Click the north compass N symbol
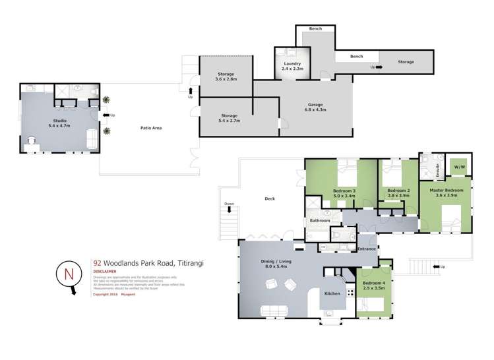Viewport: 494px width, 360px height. (66, 272)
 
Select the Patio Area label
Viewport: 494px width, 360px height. (151, 128)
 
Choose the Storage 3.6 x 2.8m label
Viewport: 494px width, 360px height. (225, 76)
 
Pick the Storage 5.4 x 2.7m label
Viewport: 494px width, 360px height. (228, 118)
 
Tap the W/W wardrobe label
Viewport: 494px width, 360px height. (458, 167)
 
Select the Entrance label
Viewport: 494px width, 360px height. (366, 249)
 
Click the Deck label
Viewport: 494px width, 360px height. (270, 198)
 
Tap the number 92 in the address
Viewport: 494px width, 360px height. (96, 262)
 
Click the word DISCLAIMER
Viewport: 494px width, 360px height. (105, 271)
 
